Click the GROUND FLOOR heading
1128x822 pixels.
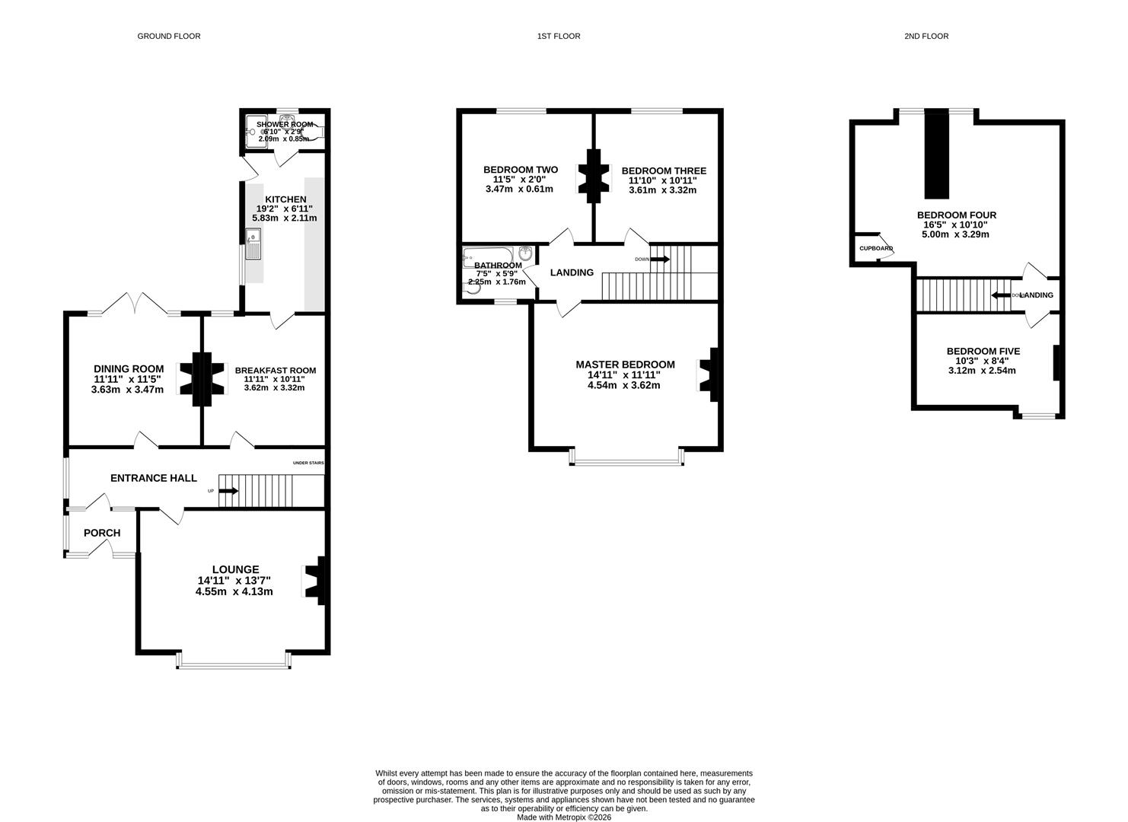168,36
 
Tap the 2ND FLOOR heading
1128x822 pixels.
926,36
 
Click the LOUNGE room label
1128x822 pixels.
235,569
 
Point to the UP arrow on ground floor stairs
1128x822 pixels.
228,491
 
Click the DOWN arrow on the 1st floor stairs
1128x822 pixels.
659,260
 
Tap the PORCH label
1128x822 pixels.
102,533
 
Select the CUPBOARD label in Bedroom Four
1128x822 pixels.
875,249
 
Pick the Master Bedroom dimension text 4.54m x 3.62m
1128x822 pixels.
625,385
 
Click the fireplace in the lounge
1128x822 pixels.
315,581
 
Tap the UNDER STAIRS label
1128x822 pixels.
309,463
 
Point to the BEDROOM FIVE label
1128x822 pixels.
983,351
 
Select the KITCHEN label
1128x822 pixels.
285,199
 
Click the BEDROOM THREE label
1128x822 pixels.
663,170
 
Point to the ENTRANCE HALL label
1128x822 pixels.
154,478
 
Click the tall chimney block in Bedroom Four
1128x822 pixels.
937,154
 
